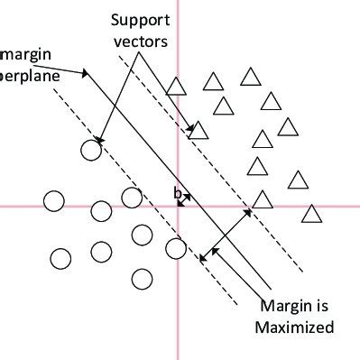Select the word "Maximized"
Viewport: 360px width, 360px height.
(295, 326)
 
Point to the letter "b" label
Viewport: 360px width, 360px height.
(178, 191)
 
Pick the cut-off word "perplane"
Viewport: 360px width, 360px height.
(29, 76)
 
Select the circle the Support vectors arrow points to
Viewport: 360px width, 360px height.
(91, 150)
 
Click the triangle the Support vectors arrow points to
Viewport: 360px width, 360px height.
(198, 130)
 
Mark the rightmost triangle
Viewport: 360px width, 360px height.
(311, 214)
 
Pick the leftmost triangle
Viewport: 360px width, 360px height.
(177, 88)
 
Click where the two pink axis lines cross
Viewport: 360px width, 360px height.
(179, 206)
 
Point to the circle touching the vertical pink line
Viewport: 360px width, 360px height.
(176, 247)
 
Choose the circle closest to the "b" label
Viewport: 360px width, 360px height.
(132, 198)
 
